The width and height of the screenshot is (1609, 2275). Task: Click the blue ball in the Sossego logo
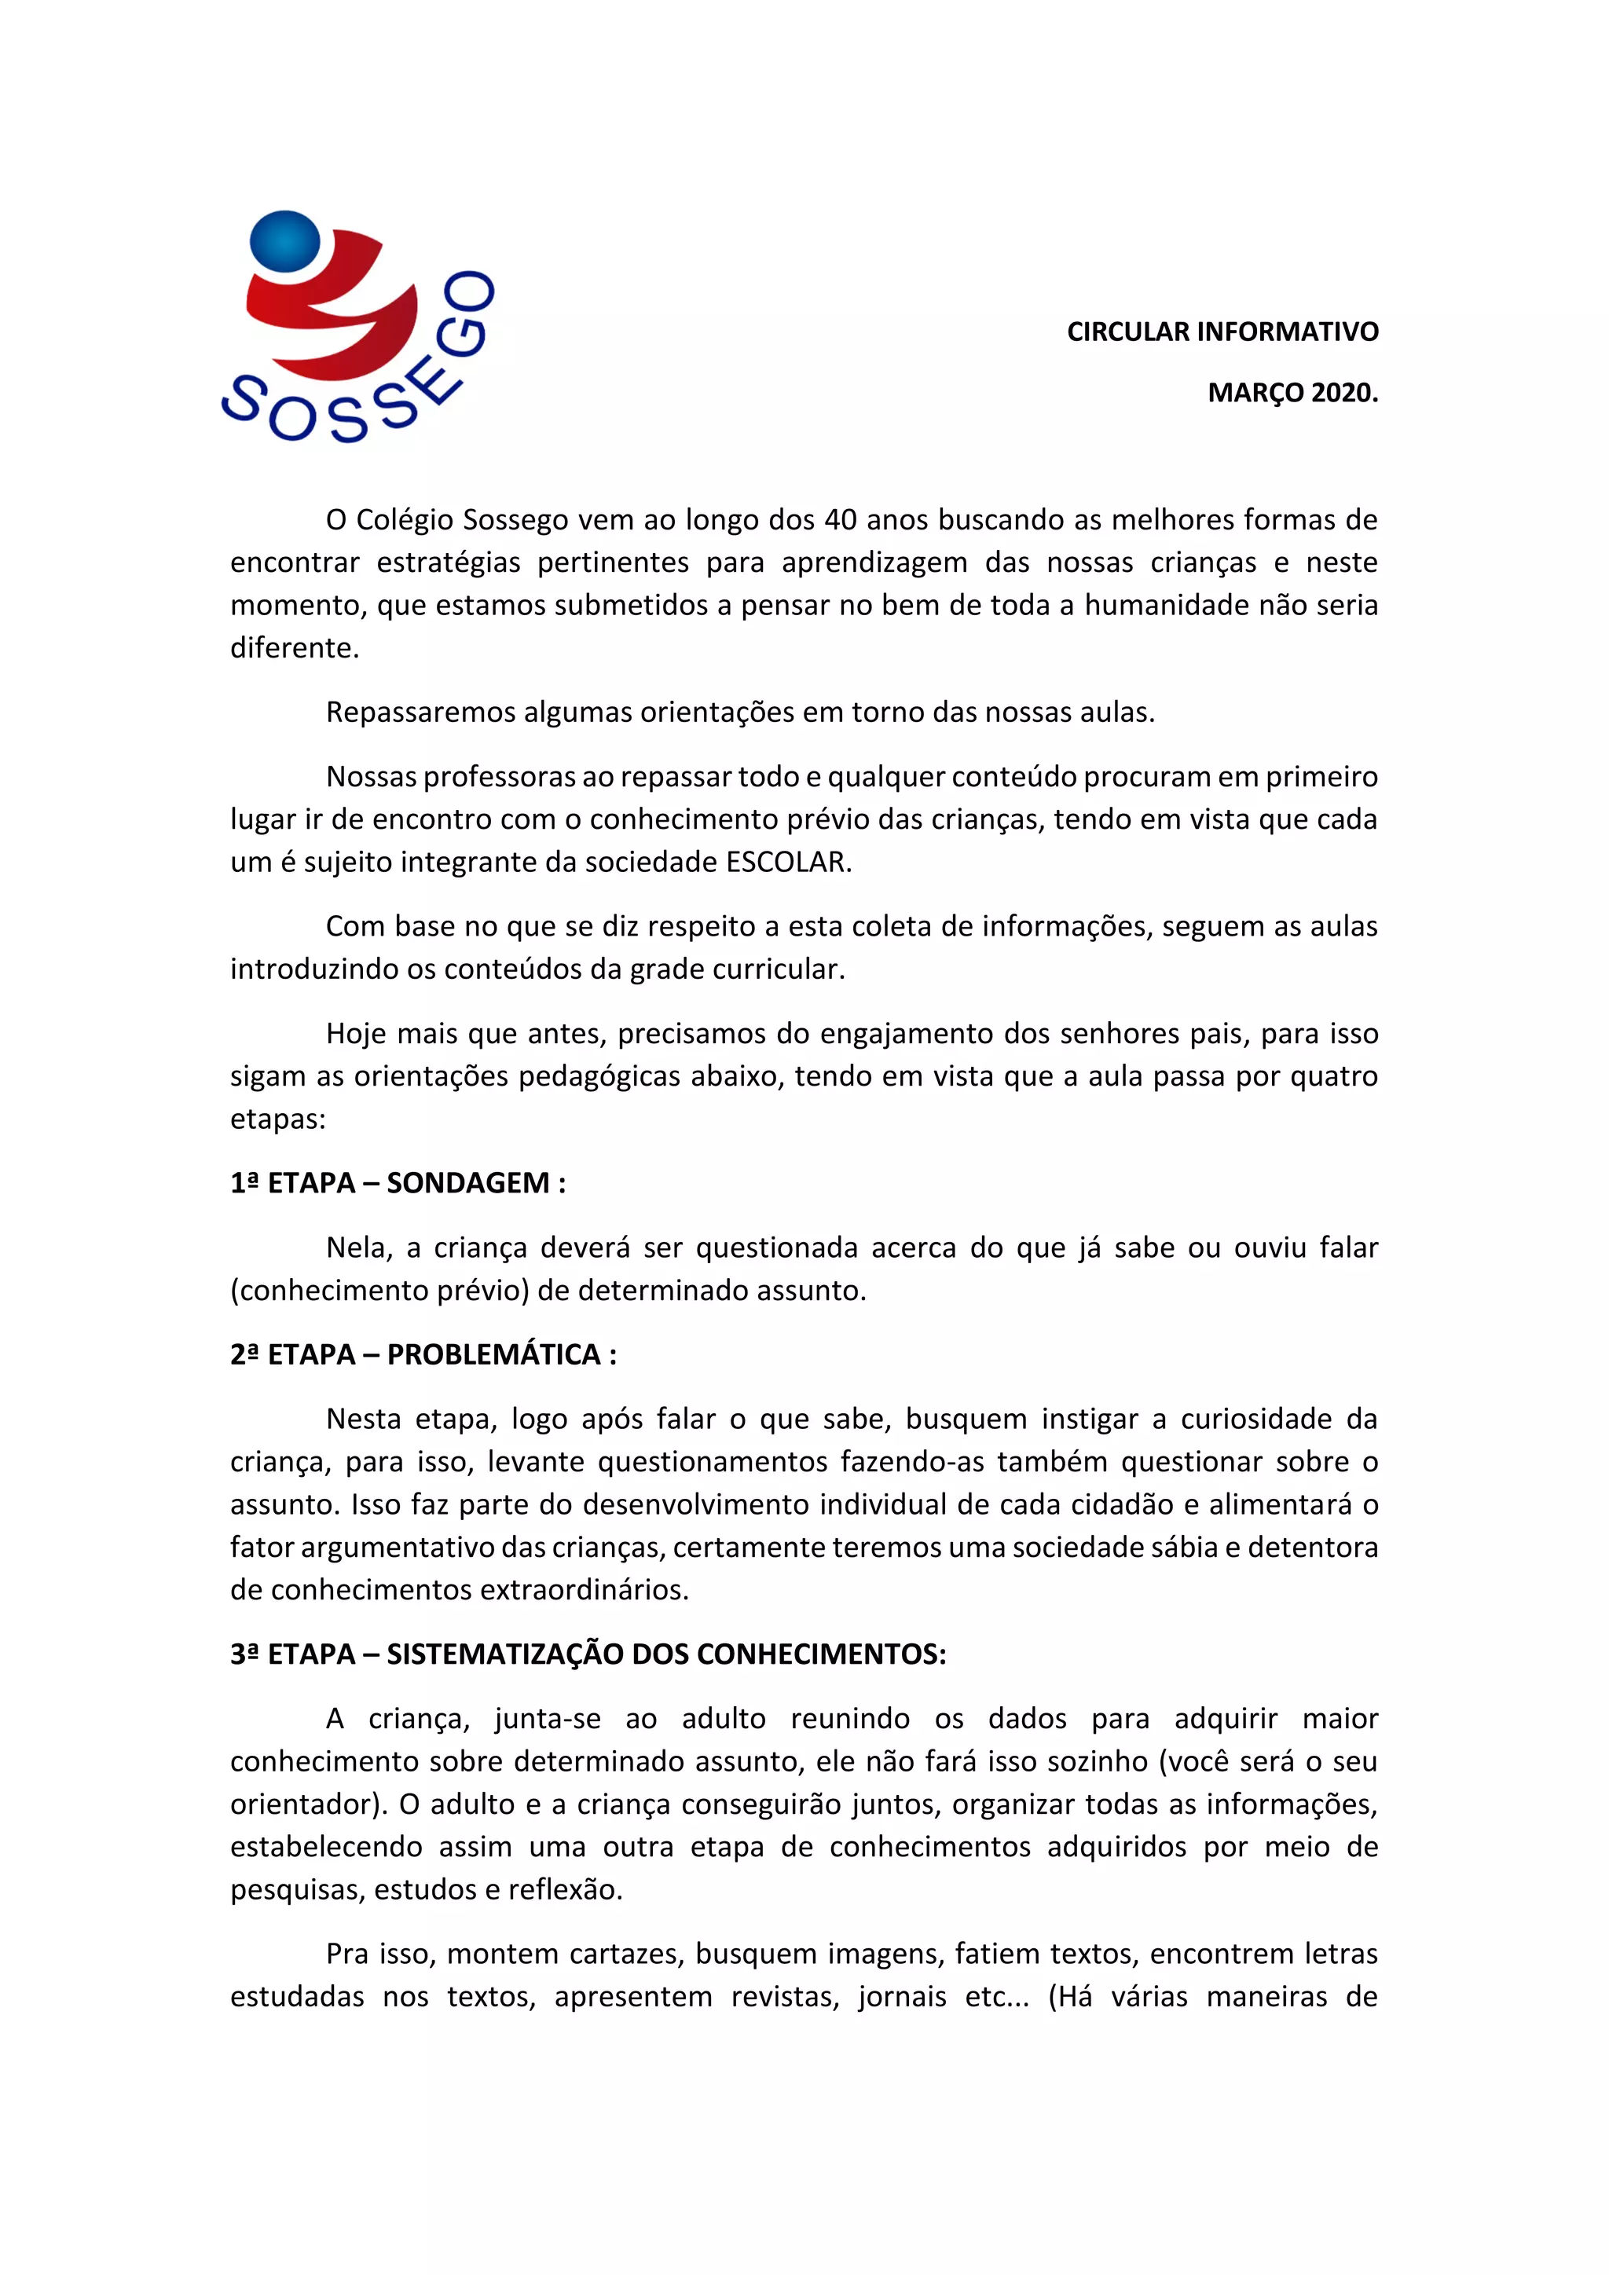(x=285, y=241)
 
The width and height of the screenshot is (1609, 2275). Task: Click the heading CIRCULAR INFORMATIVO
(x=1222, y=332)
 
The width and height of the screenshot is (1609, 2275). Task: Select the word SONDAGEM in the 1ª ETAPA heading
(x=467, y=1183)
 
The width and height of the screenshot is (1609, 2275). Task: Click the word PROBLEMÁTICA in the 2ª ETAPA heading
(x=493, y=1354)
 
